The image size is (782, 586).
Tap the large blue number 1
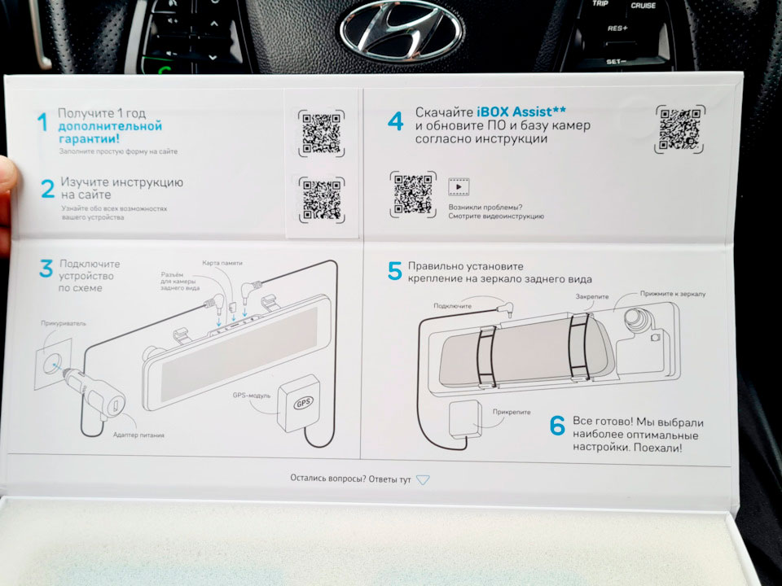tap(43, 122)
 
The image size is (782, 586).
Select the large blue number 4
tap(396, 121)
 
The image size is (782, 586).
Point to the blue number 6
tap(557, 425)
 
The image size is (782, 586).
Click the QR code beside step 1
tap(322, 133)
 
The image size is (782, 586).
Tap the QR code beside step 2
tap(322, 199)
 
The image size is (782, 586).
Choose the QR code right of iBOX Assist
tap(679, 129)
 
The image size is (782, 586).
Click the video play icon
tap(459, 187)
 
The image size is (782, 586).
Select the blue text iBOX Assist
tap(518, 112)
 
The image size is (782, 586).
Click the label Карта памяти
tap(222, 263)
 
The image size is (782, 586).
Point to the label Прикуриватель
tap(64, 323)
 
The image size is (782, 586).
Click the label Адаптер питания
tap(138, 435)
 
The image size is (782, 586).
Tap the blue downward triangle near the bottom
tap(423, 479)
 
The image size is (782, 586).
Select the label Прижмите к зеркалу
tap(673, 294)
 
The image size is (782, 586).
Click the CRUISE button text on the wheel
tap(643, 6)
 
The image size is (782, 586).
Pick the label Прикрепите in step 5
tap(512, 412)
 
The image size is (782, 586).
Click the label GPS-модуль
tap(252, 396)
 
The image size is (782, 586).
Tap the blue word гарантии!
tap(90, 138)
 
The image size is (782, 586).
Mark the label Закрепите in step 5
tap(592, 296)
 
